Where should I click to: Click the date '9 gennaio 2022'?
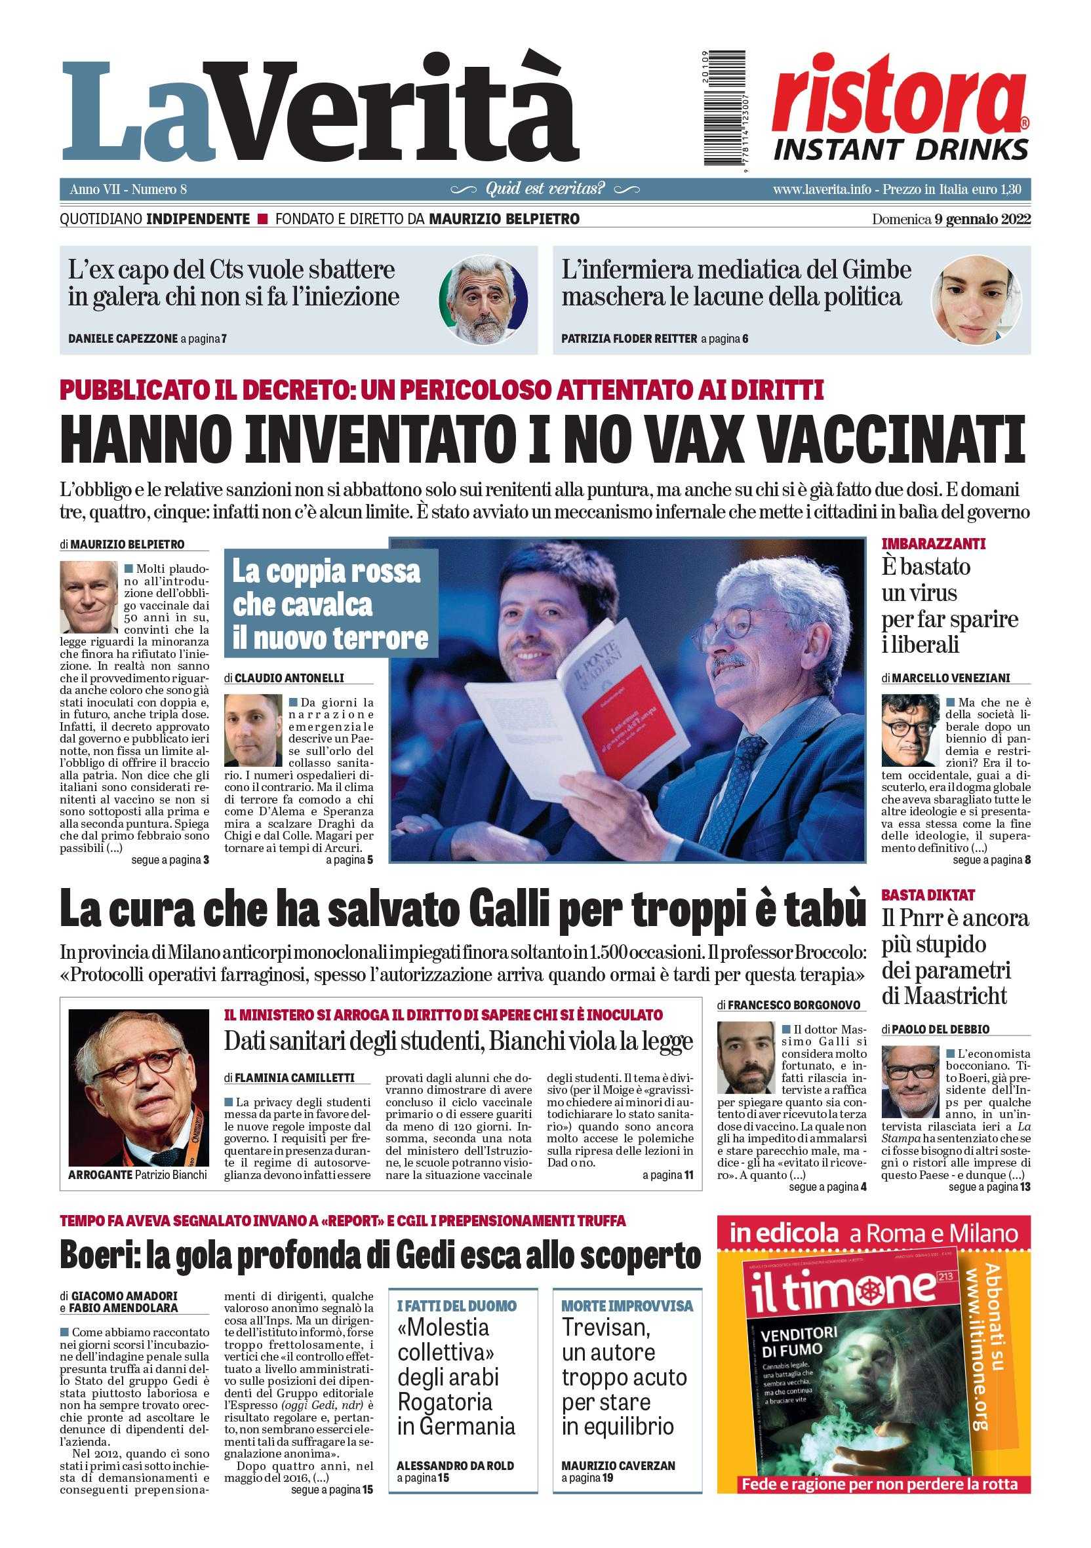pyautogui.click(x=982, y=219)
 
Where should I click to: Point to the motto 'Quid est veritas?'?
pyautogui.click(x=545, y=189)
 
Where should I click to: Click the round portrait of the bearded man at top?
pyautogui.click(x=483, y=300)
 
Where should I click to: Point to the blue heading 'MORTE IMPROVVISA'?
pyautogui.click(x=627, y=1306)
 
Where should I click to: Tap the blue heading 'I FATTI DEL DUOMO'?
pyautogui.click(x=457, y=1306)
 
